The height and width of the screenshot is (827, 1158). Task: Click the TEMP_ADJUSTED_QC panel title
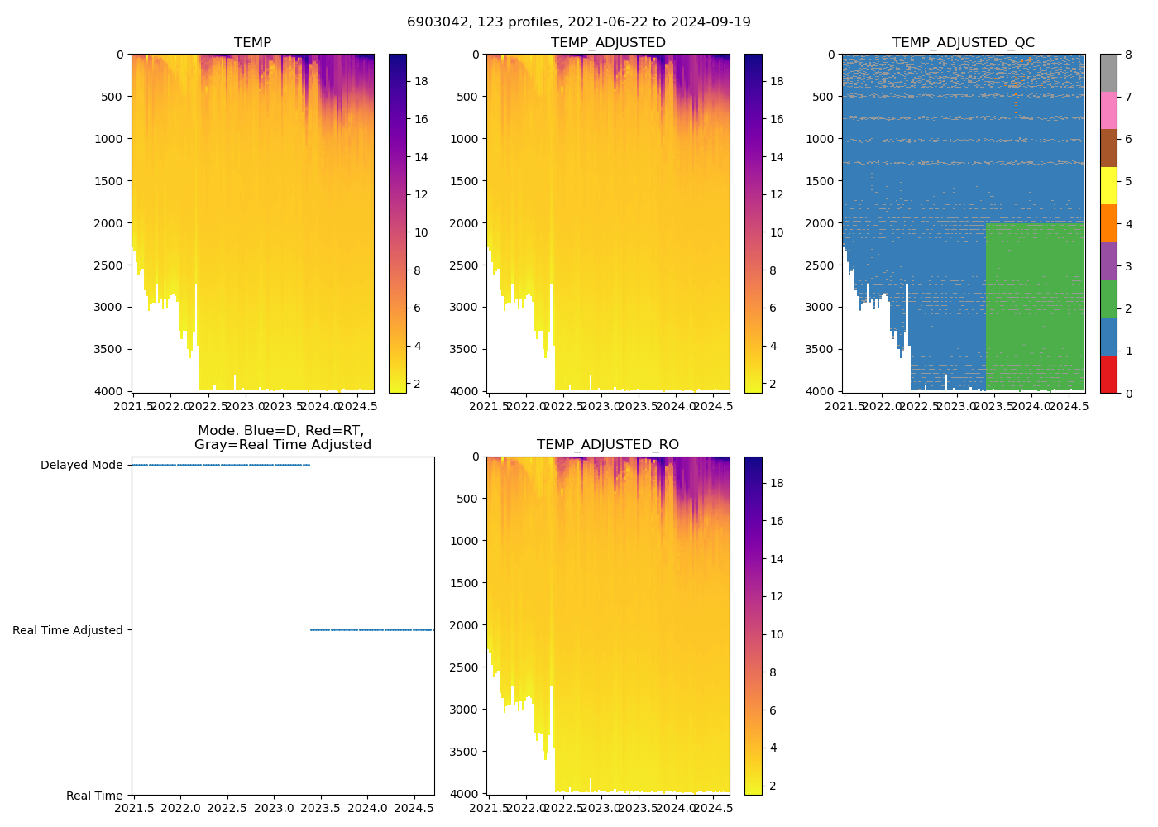pos(963,42)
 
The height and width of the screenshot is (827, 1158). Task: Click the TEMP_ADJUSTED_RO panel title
pos(608,445)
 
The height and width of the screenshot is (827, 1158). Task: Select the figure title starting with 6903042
pos(579,22)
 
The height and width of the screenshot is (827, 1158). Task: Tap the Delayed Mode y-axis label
pos(81,465)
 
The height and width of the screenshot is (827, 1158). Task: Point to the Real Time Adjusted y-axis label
pos(68,630)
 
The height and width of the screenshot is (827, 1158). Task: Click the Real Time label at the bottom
pos(94,796)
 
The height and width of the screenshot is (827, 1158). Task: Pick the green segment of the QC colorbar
pos(1108,299)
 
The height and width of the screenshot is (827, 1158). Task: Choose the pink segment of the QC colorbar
pos(1108,110)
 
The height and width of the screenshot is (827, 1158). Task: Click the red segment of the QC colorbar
pos(1108,374)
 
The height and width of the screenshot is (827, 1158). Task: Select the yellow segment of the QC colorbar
pos(1108,185)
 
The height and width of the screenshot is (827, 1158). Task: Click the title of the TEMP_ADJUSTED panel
pos(608,42)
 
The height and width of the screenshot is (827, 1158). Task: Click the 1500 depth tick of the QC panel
pos(820,181)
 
